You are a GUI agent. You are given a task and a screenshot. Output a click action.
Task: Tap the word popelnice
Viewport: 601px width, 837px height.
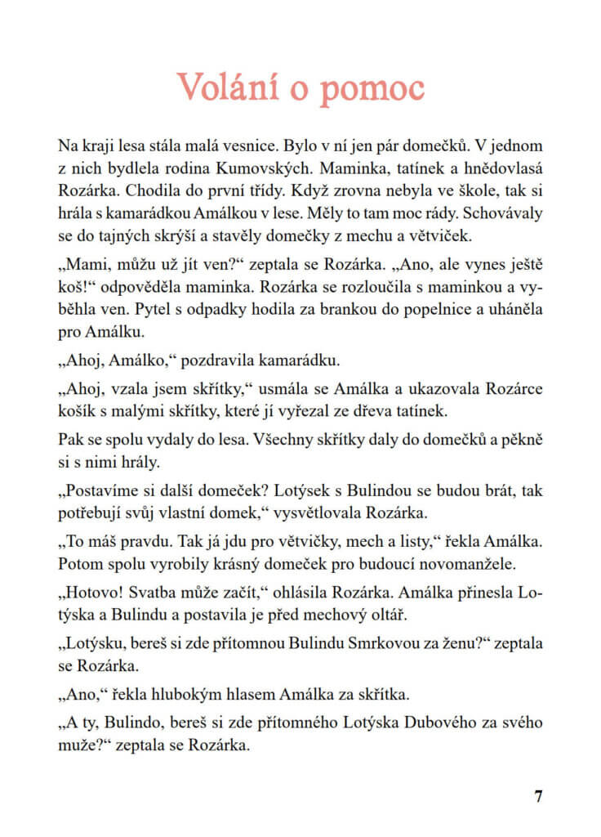[x=435, y=312]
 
